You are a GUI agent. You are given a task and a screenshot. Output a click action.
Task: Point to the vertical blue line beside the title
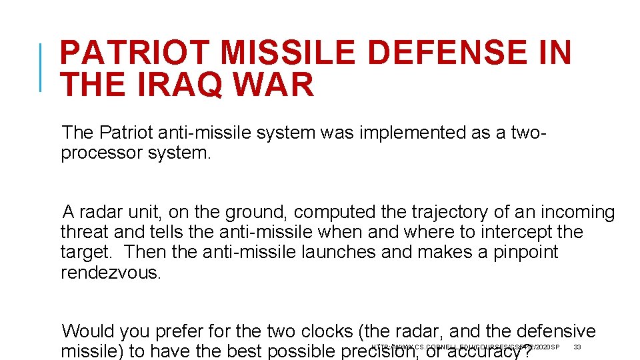point(41,67)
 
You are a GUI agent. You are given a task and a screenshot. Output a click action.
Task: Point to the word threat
point(84,232)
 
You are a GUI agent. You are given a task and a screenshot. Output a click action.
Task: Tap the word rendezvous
point(109,273)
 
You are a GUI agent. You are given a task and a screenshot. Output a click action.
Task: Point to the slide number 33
point(577,347)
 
